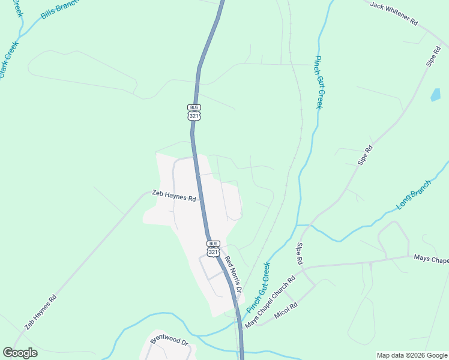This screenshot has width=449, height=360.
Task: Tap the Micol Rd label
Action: point(286,310)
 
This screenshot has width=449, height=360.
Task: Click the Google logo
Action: point(20,353)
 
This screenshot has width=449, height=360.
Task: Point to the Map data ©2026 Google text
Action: point(411,355)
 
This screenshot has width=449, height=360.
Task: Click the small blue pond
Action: point(435,94)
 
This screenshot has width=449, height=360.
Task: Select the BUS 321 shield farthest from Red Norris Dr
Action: point(194,112)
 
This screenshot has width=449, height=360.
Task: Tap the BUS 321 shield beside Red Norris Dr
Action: point(214,248)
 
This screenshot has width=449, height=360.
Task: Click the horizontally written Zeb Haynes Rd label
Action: point(175,196)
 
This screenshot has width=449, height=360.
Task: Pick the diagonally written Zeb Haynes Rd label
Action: point(41,312)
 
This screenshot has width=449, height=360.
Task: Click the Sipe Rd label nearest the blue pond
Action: point(433,55)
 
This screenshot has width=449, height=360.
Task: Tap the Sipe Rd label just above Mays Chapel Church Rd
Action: point(299,254)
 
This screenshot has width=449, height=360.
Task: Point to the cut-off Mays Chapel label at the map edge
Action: point(431,259)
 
